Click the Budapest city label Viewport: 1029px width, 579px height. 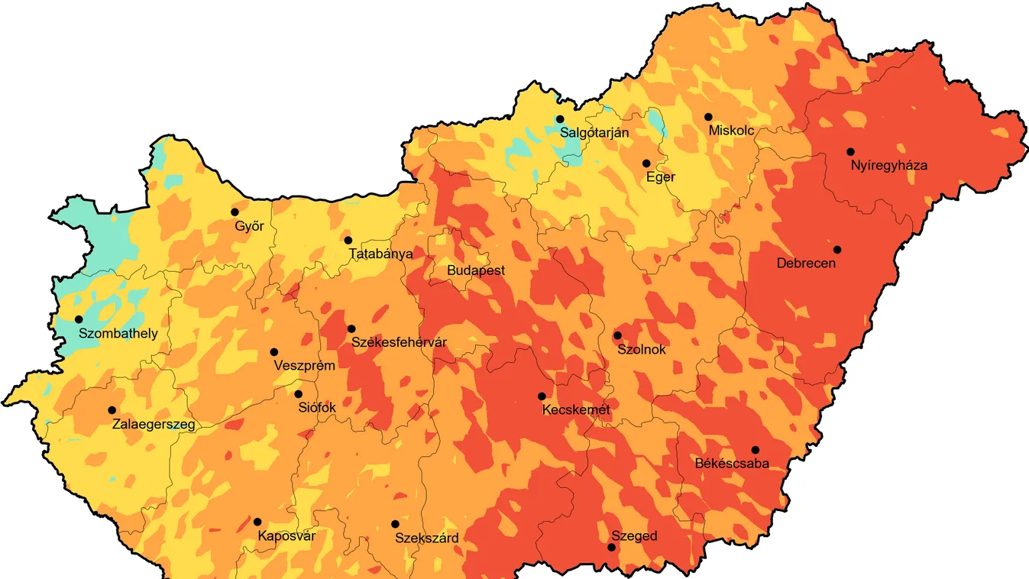[x=476, y=271]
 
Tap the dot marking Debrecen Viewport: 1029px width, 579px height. [x=837, y=250]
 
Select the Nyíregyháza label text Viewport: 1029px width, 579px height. [x=889, y=165]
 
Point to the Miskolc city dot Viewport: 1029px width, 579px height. [x=708, y=117]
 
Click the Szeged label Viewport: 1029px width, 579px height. [x=634, y=536]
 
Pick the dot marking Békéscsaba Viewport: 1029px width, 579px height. [x=755, y=450]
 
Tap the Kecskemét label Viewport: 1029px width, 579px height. [x=576, y=410]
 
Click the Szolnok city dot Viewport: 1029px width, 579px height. [x=617, y=335]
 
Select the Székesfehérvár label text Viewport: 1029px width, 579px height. [x=399, y=343]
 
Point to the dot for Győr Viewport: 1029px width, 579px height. [x=235, y=212]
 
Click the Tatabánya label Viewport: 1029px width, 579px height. [x=380, y=254]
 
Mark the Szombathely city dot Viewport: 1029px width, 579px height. [x=79, y=319]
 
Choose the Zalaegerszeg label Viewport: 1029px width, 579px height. [x=154, y=425]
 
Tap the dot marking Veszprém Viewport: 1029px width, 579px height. [x=273, y=352]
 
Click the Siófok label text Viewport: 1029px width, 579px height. [x=315, y=408]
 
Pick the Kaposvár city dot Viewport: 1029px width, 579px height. [x=257, y=522]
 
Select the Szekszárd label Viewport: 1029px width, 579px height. [x=427, y=539]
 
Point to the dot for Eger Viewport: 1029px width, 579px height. [x=646, y=163]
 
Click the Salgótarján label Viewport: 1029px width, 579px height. [x=594, y=133]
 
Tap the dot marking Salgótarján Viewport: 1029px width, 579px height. [x=560, y=119]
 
